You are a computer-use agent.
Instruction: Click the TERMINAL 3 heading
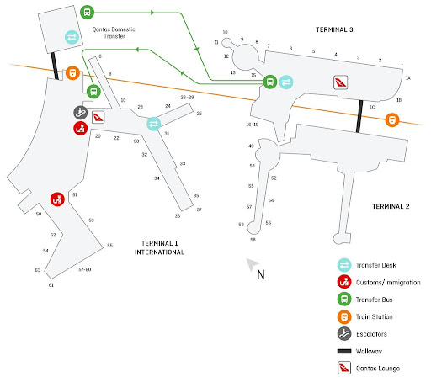tap(334, 29)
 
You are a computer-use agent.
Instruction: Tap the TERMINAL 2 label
tap(391, 207)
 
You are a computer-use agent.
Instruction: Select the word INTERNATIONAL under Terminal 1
tap(159, 252)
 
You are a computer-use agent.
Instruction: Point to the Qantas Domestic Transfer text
tap(114, 33)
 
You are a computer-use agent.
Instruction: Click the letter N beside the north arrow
tap(261, 275)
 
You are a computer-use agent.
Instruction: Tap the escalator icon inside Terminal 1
tap(81, 113)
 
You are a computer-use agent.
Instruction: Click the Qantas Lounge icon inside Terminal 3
tap(341, 82)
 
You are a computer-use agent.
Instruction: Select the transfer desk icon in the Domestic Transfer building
tap(72, 37)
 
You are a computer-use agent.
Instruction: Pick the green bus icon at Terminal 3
tap(270, 82)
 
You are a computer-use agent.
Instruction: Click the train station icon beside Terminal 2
tap(392, 119)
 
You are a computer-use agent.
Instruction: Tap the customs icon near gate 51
tap(57, 199)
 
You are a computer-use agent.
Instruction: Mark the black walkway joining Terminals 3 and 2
tap(359, 116)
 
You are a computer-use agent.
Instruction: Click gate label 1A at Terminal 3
tap(408, 78)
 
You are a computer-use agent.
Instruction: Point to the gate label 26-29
tap(187, 98)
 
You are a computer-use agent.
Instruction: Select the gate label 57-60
tap(85, 269)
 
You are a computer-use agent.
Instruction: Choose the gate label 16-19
tap(253, 125)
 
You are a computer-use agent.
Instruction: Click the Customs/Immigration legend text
tap(388, 283)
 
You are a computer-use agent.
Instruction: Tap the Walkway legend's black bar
tap(344, 351)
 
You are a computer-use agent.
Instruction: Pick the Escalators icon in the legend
tap(344, 334)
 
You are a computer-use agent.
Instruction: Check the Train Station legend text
tap(375, 316)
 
